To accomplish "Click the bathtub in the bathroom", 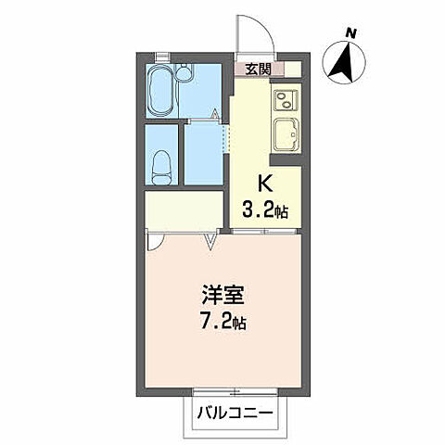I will pos(162,89).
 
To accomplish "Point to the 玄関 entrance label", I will pos(258,69).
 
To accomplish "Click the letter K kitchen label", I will pos(262,184).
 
